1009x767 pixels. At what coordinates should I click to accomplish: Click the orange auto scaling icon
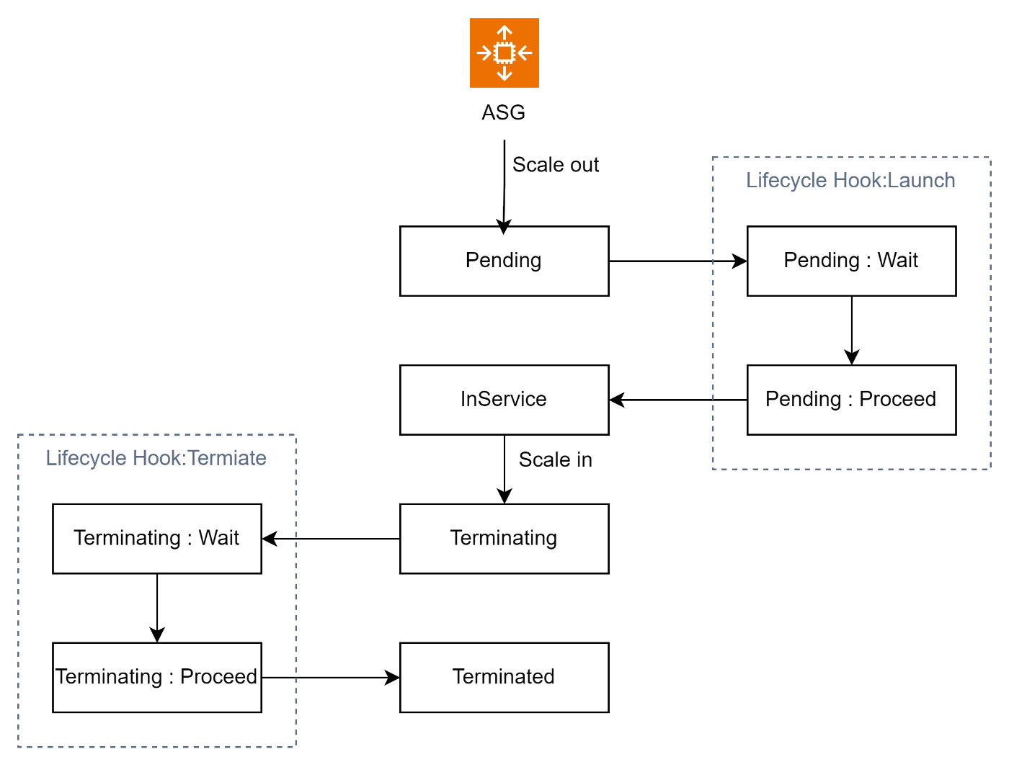click(x=504, y=53)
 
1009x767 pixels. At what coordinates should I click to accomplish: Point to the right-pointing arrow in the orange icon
click(x=484, y=53)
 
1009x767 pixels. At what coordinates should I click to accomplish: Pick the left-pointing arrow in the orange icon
click(x=525, y=53)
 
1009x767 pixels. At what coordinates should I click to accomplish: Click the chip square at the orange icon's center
click(x=504, y=53)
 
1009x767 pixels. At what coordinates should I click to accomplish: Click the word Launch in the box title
click(x=922, y=180)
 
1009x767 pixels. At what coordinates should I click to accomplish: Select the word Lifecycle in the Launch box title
click(x=786, y=180)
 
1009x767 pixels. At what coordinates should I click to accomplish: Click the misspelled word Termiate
click(x=228, y=458)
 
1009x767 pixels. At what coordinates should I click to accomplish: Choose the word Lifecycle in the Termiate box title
click(x=86, y=458)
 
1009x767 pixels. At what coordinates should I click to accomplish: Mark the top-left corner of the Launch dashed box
click(x=713, y=157)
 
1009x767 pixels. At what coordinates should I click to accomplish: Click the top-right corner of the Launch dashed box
click(x=990, y=157)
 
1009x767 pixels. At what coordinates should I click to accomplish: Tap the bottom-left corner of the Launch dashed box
click(x=713, y=469)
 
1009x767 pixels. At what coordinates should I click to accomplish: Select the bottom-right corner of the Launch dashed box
click(x=990, y=469)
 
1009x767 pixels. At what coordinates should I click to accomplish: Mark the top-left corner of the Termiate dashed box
click(x=18, y=434)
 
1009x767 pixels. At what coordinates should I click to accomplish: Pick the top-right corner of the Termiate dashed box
click(x=295, y=434)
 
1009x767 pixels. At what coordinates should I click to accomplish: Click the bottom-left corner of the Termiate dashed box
click(x=18, y=747)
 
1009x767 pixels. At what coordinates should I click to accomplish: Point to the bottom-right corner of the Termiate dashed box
click(x=295, y=747)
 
